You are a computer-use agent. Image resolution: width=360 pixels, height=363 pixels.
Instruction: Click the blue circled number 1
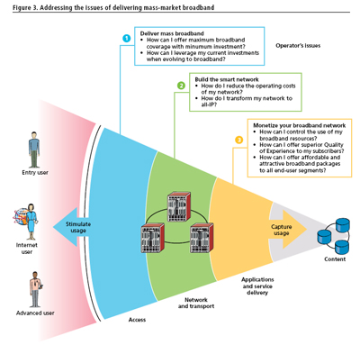[x=127, y=39]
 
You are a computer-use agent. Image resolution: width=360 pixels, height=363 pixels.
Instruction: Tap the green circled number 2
[x=181, y=86]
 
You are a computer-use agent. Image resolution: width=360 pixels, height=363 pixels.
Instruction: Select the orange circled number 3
[x=238, y=140]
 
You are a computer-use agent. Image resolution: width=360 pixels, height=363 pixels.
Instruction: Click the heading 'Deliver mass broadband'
[x=172, y=33]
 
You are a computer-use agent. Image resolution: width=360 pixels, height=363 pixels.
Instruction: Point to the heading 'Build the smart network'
[x=227, y=79]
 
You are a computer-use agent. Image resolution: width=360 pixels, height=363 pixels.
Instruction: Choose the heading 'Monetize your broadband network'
[x=300, y=125]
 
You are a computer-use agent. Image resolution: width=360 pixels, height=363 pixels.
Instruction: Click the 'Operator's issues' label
[x=298, y=46]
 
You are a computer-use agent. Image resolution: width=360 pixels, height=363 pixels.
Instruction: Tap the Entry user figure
[x=34, y=150]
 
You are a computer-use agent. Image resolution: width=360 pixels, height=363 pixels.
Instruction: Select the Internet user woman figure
[x=31, y=222]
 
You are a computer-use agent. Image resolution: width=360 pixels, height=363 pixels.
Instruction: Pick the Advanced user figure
[x=36, y=289]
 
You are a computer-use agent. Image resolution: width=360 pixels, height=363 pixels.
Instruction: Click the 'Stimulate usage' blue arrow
[x=72, y=227]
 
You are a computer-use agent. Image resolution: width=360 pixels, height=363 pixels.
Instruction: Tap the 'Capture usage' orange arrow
[x=287, y=230]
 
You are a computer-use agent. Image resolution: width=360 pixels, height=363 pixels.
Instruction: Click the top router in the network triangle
[x=179, y=206]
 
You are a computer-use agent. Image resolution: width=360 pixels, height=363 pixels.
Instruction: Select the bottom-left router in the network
[x=152, y=238]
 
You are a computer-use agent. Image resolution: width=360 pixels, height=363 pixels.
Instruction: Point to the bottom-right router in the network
[x=202, y=238]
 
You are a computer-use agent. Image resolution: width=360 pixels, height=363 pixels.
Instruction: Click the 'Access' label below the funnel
[x=137, y=320]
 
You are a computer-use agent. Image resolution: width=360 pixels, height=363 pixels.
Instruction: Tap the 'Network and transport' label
[x=196, y=303]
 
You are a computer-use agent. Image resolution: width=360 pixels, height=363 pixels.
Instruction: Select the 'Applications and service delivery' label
[x=257, y=286]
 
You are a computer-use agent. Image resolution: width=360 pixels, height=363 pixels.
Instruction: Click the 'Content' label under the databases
[x=335, y=259]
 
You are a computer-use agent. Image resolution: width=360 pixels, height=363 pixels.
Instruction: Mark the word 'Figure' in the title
[x=22, y=7]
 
